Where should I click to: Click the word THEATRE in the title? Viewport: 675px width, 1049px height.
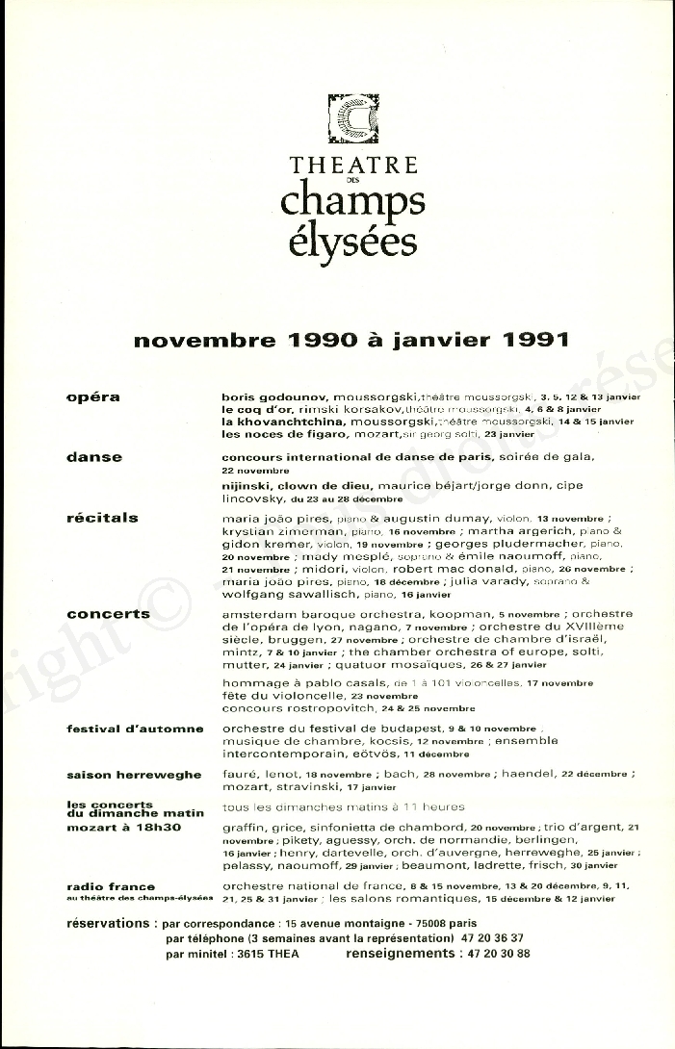click(354, 165)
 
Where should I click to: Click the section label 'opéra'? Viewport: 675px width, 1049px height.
click(93, 397)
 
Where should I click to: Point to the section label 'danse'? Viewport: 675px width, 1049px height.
click(94, 457)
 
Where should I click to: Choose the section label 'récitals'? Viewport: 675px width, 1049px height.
click(102, 518)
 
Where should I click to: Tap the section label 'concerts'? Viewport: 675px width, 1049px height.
click(108, 613)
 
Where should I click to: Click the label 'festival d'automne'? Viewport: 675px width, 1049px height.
click(135, 729)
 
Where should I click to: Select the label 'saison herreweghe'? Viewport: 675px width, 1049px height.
click(134, 775)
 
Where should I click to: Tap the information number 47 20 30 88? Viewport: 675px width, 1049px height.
click(496, 954)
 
